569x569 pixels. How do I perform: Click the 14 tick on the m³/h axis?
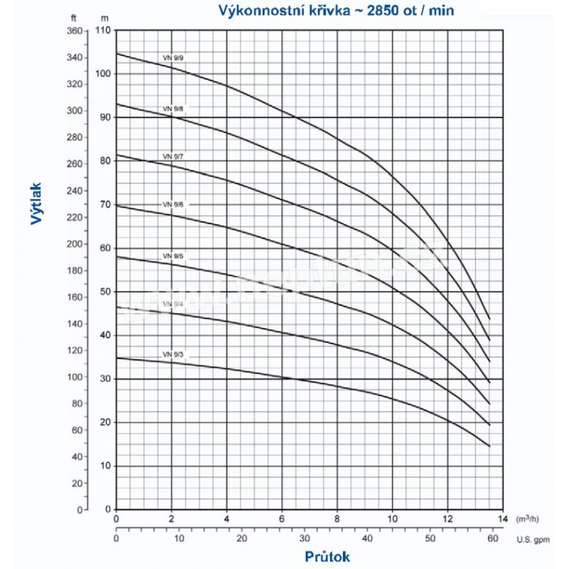point(502,518)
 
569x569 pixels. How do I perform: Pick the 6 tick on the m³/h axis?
point(282,518)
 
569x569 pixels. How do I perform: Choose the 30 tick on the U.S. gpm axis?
point(303,538)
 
